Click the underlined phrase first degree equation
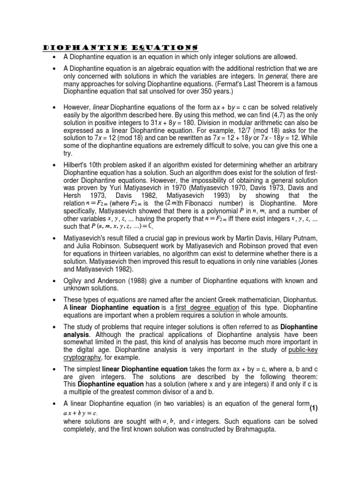click(x=208, y=307)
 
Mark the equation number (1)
click(x=312, y=408)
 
